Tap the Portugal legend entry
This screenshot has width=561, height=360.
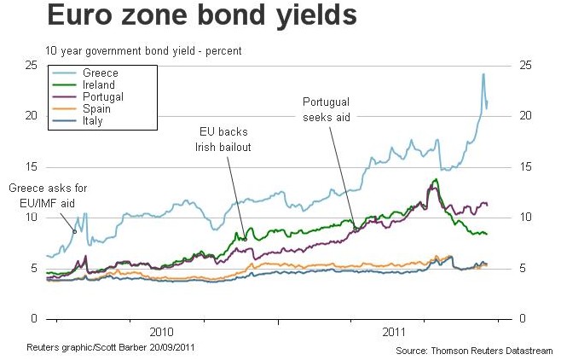(105, 97)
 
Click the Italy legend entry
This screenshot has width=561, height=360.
(96, 121)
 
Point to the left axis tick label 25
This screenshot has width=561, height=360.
(31, 65)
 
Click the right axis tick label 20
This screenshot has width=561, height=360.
(526, 115)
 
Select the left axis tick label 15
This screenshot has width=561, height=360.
(31, 166)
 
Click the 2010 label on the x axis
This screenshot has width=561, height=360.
(160, 330)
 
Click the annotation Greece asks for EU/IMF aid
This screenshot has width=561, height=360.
(48, 194)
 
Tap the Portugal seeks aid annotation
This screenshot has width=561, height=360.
(327, 108)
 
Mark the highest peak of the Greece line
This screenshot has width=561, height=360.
(483, 74)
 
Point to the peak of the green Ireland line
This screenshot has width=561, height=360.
(437, 179)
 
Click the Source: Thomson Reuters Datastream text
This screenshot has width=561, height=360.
(474, 350)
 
